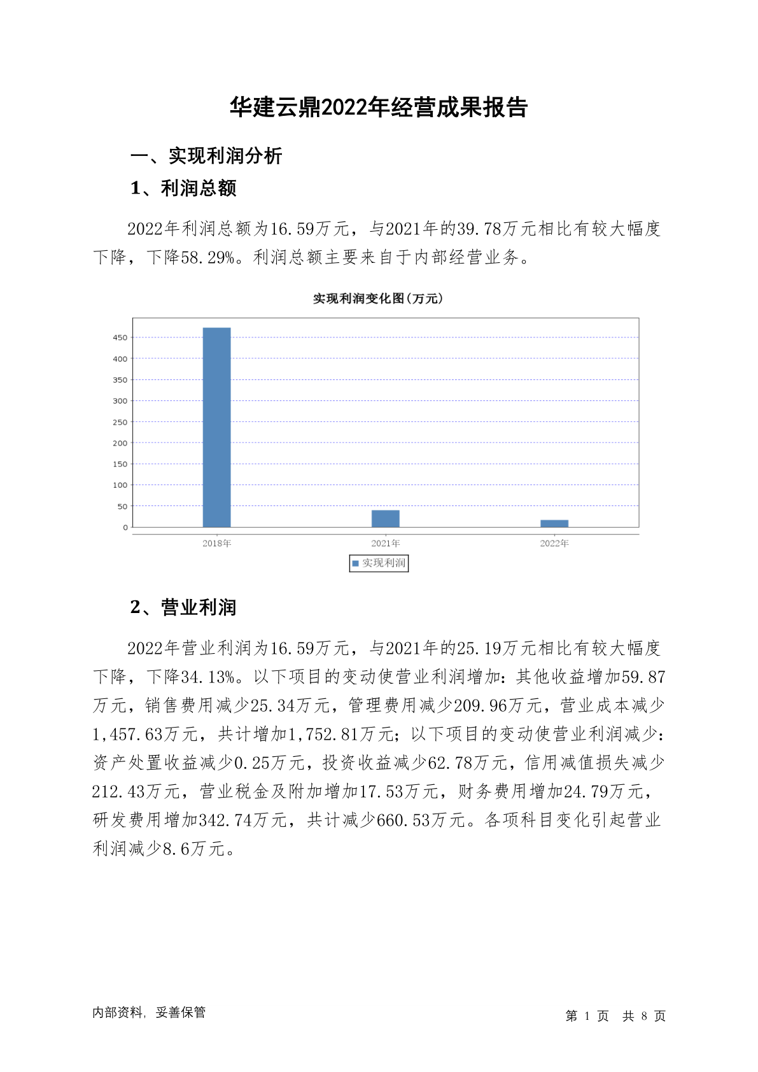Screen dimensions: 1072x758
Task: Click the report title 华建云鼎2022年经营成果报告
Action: coord(379,108)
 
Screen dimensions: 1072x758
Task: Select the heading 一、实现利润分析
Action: coord(206,156)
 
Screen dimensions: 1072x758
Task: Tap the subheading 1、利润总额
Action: coord(183,188)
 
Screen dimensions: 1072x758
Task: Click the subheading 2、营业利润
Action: coord(183,607)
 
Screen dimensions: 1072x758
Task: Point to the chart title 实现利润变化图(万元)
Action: coord(378,299)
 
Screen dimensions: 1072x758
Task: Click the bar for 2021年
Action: coord(386,518)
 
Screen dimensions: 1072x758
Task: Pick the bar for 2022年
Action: coord(554,523)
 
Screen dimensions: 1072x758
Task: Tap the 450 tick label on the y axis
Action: coord(120,337)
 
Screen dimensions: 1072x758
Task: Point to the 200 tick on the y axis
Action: coord(120,443)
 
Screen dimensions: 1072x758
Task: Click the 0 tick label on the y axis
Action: coord(125,527)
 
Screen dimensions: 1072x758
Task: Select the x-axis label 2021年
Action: coord(386,543)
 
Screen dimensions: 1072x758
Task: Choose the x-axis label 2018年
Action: coord(216,543)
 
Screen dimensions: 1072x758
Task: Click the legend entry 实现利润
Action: coord(379,563)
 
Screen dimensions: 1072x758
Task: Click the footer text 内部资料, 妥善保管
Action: coord(149,1012)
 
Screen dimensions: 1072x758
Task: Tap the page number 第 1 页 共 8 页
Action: coord(615,1016)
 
